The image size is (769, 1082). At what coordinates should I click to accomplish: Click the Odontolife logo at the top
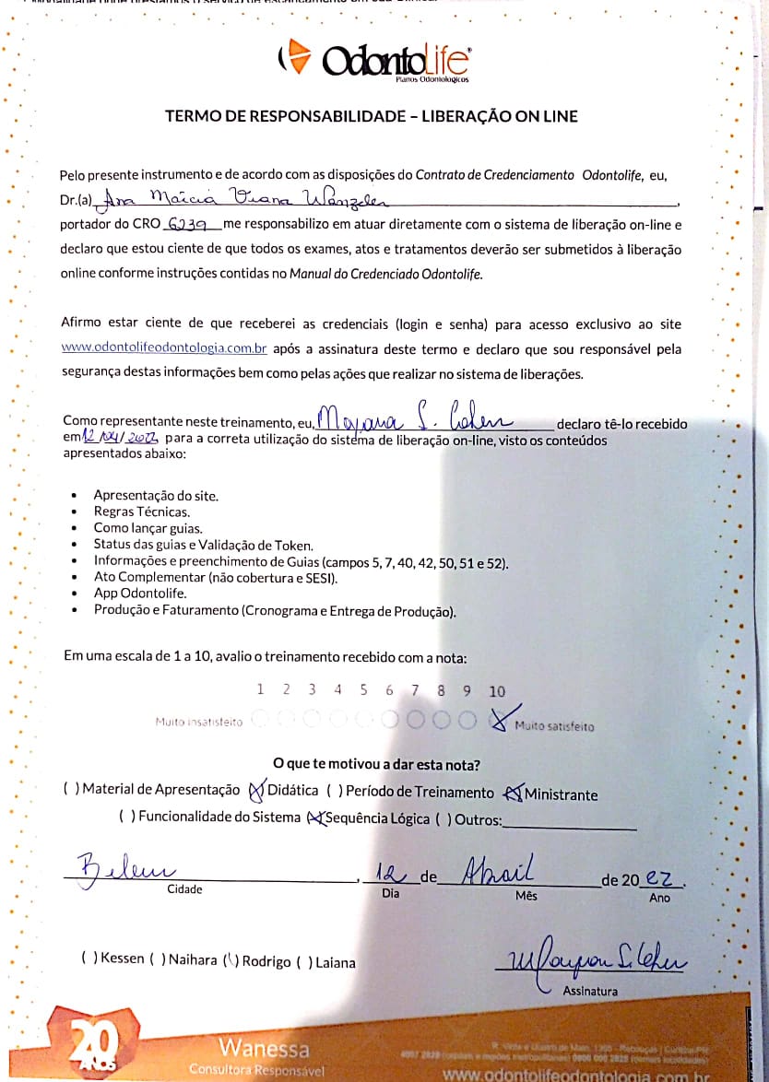click(x=373, y=62)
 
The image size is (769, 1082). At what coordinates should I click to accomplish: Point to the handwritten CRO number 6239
click(x=191, y=224)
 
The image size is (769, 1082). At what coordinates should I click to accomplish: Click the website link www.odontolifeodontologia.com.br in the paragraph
click(x=164, y=348)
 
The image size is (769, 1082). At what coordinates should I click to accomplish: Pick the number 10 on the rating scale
click(x=497, y=691)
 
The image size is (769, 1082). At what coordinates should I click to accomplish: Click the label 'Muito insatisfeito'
click(x=198, y=723)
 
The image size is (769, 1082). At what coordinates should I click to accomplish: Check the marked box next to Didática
click(x=257, y=790)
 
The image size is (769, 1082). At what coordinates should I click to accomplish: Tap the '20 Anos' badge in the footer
click(x=94, y=1045)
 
